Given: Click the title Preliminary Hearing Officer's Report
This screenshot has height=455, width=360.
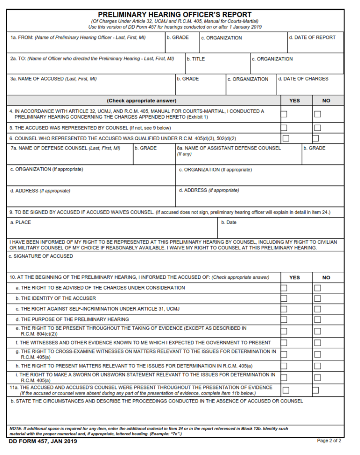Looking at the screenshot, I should (x=174, y=15).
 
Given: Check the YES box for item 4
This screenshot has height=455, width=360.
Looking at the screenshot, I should (x=284, y=114).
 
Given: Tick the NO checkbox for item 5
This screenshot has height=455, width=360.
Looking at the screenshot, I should (x=317, y=127).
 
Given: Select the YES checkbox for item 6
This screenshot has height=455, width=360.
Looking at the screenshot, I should (x=285, y=138).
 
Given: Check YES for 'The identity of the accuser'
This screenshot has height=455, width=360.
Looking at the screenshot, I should (x=284, y=298).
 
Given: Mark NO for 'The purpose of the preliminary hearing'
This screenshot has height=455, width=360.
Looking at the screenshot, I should (x=317, y=320).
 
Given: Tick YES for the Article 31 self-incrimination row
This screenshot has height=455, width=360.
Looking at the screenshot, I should (x=284, y=309).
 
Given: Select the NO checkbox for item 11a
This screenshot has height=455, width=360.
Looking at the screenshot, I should (x=315, y=390).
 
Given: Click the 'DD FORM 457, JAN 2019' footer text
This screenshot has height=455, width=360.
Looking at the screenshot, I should (x=43, y=441).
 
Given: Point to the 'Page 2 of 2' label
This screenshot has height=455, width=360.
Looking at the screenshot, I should (x=329, y=440).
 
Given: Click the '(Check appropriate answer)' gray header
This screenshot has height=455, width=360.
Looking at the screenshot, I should (x=142, y=100).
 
